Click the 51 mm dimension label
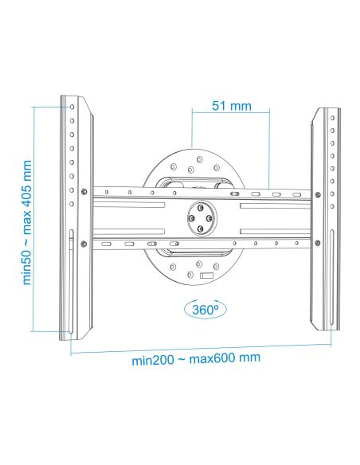pos(232,106)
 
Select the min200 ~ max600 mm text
pos(196,358)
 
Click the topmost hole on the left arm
pos(72,107)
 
